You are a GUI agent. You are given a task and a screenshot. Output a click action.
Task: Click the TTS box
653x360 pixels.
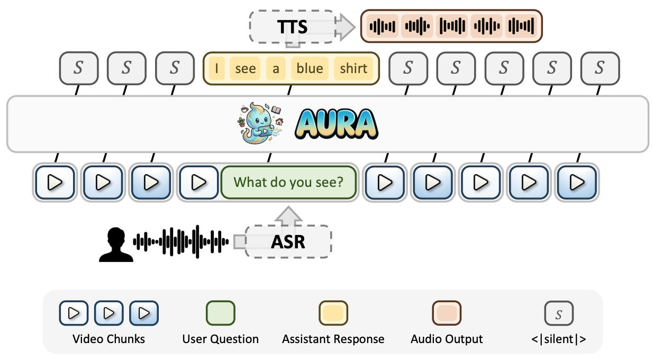point(292,26)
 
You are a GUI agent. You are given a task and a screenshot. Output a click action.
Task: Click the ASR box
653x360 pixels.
point(288,241)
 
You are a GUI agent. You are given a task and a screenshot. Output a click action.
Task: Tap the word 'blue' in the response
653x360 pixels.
point(310,68)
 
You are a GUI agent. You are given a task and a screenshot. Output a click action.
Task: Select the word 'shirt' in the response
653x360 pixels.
point(353,68)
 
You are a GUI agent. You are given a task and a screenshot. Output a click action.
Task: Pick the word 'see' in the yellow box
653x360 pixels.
point(245,68)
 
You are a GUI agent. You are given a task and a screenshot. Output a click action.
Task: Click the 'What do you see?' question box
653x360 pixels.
point(288,182)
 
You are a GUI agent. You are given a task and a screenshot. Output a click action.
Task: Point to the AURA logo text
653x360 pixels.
point(336,124)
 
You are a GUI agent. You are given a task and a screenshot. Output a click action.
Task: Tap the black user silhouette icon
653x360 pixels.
point(116,245)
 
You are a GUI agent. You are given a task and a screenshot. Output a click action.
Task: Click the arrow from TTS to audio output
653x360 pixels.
point(345,26)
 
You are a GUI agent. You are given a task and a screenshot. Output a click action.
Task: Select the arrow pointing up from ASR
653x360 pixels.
point(288,216)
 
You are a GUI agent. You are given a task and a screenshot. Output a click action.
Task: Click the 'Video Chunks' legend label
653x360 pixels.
point(108,339)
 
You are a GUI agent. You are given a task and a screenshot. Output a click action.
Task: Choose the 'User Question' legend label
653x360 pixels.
point(220,339)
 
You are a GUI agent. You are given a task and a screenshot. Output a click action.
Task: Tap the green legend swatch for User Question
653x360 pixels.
point(220,313)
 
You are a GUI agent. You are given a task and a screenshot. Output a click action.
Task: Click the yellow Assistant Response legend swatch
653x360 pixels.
point(333,313)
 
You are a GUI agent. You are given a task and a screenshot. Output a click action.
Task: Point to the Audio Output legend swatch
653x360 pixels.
point(447,313)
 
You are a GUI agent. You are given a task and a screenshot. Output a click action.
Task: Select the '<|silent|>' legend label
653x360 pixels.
point(559,339)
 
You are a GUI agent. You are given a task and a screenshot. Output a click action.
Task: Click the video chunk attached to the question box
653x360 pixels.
point(199,182)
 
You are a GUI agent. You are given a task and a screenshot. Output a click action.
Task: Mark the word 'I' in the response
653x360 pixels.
point(216,68)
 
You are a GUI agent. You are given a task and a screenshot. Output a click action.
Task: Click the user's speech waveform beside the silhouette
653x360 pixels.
point(180,242)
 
